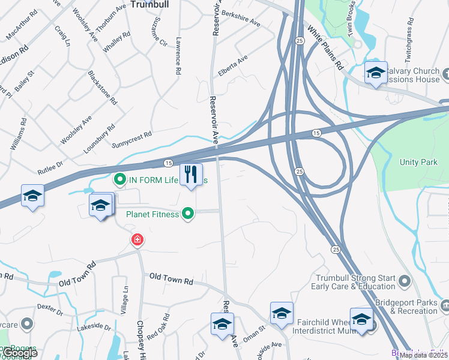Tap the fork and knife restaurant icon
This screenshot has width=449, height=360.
191,175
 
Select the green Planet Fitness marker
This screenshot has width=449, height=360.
188,214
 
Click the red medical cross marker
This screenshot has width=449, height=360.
137,241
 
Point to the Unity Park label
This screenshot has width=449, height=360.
418,163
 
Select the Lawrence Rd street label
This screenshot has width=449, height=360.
178,56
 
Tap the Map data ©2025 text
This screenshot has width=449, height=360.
423,355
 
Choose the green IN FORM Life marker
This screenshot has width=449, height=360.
119,179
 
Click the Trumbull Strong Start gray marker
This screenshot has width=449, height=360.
404,280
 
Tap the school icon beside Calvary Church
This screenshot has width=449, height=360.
376,73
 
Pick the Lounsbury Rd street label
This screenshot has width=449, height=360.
99,139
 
